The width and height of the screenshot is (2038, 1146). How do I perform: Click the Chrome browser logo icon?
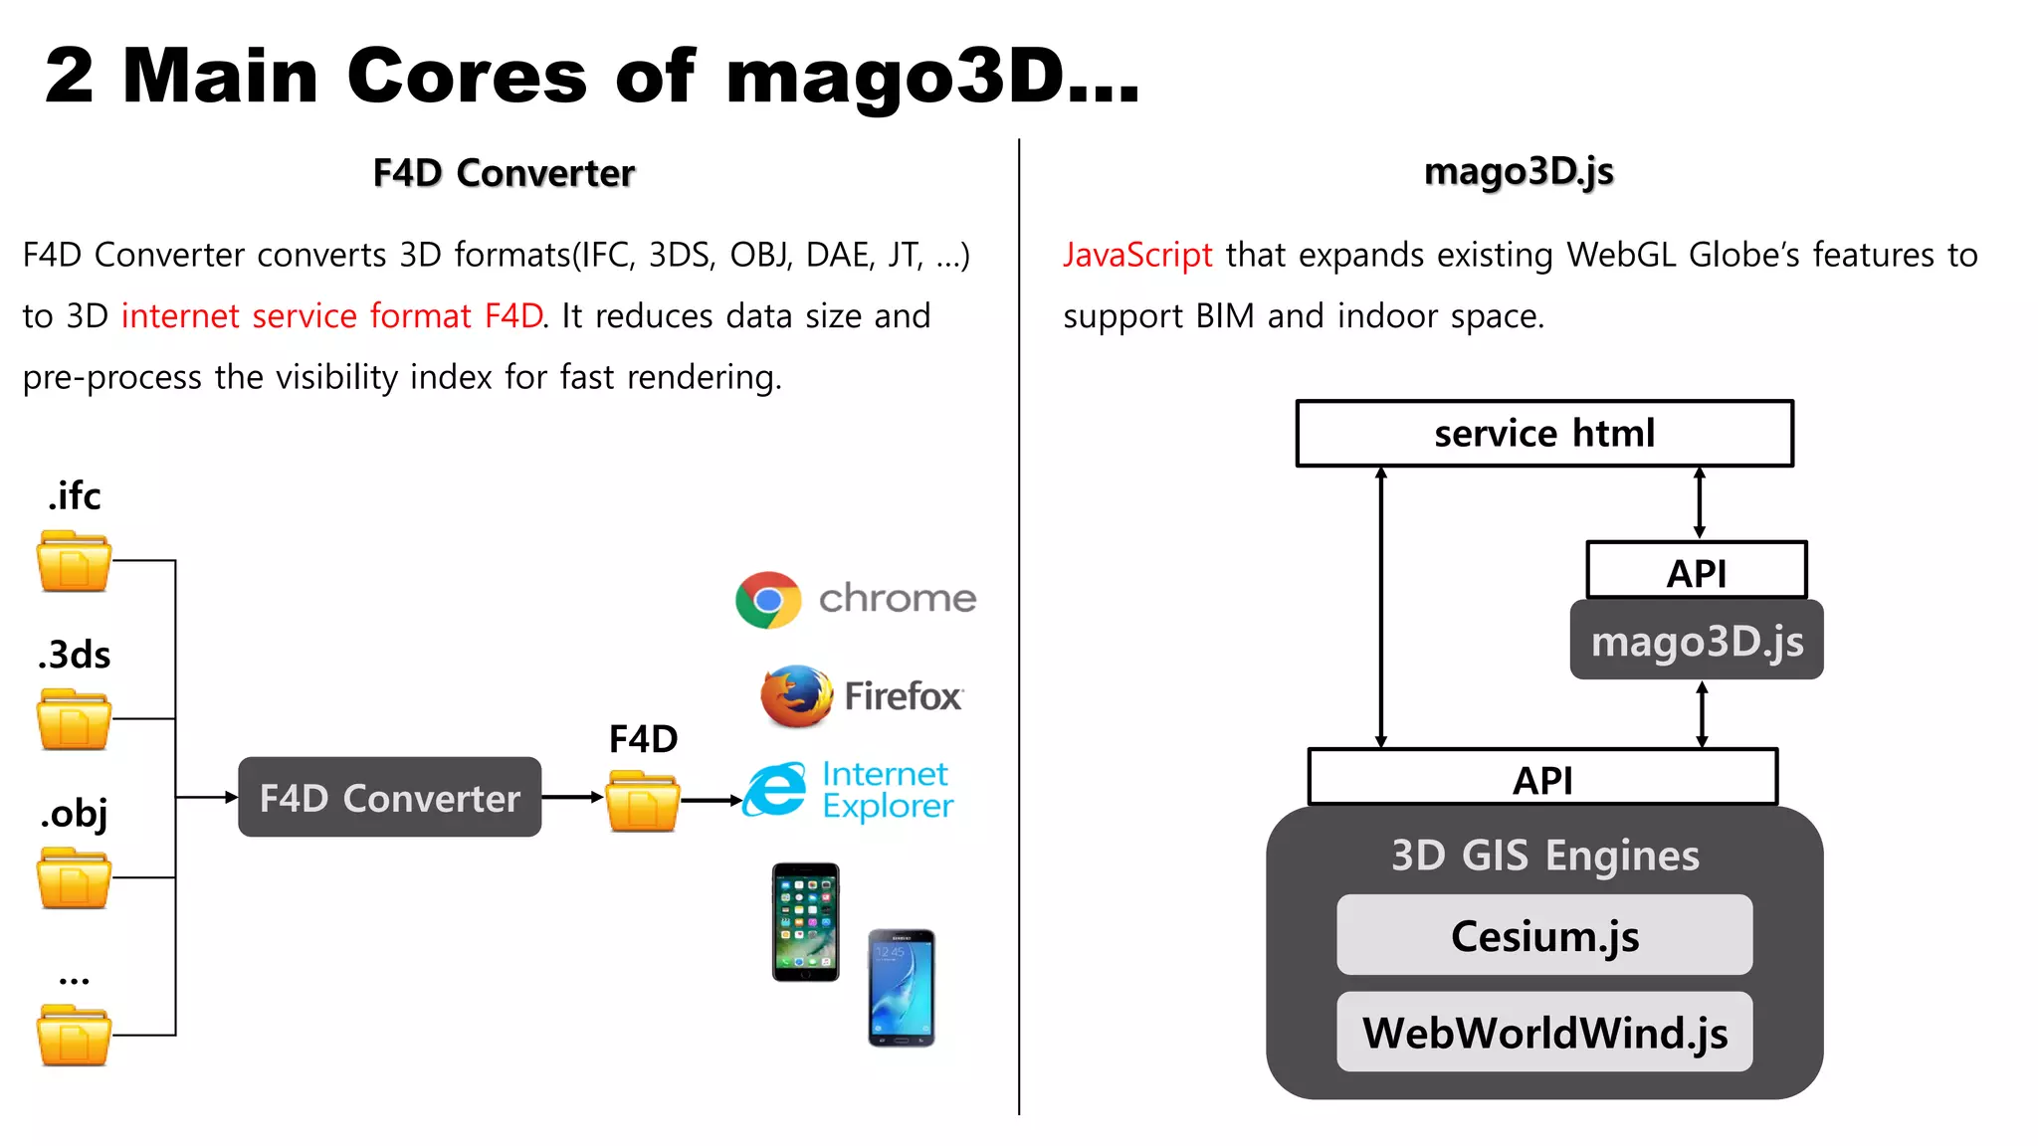pyautogui.click(x=767, y=600)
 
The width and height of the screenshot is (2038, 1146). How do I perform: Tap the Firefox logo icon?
pyautogui.click(x=796, y=696)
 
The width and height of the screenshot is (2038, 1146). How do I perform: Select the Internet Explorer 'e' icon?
pyautogui.click(x=776, y=791)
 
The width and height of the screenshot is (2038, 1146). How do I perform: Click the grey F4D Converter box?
pyautogui.click(x=389, y=797)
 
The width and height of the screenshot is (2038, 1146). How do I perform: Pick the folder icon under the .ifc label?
pyautogui.click(x=74, y=561)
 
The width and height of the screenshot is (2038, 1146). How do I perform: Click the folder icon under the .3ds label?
pyautogui.click(x=74, y=719)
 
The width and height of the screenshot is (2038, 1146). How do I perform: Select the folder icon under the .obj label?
pyautogui.click(x=74, y=877)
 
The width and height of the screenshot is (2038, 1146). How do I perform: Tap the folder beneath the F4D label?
pyautogui.click(x=643, y=801)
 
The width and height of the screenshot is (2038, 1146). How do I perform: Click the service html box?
pyautogui.click(x=1543, y=434)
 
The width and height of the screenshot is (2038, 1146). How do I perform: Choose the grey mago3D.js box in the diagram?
pyautogui.click(x=1696, y=641)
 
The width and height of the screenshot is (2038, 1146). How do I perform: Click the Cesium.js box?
pyautogui.click(x=1543, y=935)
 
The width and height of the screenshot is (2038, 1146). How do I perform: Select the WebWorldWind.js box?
pyautogui.click(x=1543, y=1032)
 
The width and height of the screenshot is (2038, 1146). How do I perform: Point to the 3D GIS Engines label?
pyautogui.click(x=1544, y=856)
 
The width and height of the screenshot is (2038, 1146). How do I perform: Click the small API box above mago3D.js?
pyautogui.click(x=1696, y=571)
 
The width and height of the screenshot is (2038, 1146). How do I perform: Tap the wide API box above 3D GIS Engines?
pyautogui.click(x=1541, y=778)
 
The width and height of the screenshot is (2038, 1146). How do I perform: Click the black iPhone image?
pyautogui.click(x=805, y=922)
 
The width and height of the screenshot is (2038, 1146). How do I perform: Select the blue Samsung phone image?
pyautogui.click(x=901, y=988)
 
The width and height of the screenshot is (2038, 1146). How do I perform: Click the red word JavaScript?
pyautogui.click(x=1137, y=256)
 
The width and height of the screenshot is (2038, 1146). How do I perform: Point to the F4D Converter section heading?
pyautogui.click(x=504, y=173)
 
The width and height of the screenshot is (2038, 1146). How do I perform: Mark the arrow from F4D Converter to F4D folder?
pyautogui.click(x=572, y=797)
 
